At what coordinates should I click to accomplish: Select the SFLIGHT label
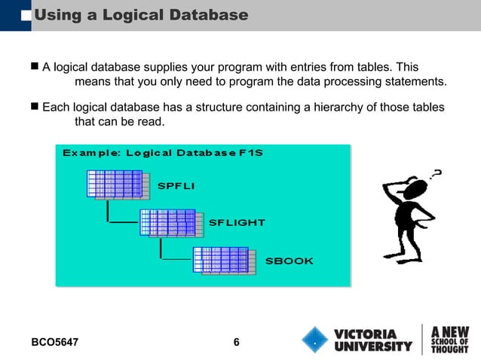(x=236, y=223)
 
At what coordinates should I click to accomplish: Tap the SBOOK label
(x=289, y=261)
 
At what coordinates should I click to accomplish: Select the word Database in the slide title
(x=207, y=14)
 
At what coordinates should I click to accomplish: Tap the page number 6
(x=237, y=343)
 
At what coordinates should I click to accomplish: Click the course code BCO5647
(x=55, y=343)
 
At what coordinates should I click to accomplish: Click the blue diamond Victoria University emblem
(x=314, y=340)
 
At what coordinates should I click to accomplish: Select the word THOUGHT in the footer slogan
(x=449, y=349)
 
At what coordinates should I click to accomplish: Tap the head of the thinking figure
(x=415, y=189)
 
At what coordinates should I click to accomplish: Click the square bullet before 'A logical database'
(x=34, y=67)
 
